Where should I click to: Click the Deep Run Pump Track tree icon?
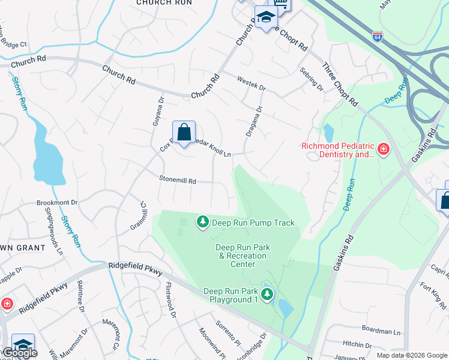(203, 223)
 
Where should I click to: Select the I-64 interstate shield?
(377, 37)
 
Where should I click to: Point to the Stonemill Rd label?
(177, 180)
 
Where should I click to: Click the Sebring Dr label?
(312, 79)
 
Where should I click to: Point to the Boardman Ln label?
(381, 331)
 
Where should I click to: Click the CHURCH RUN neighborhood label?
(164, 3)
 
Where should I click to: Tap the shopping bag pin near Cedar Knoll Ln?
(184, 133)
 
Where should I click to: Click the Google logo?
(20, 353)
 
